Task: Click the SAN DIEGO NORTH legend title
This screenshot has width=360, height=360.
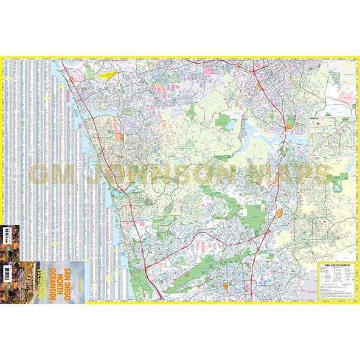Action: coord(336,265)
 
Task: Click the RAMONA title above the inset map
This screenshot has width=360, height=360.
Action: coord(315,120)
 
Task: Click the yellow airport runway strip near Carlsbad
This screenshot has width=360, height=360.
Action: coord(110,75)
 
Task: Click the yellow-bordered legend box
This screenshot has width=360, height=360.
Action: coord(336,281)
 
